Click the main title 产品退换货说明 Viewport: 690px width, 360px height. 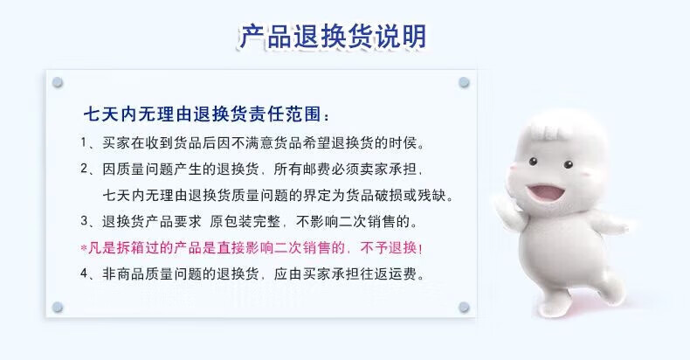[332, 36]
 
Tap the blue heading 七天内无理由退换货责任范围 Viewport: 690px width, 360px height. [202, 114]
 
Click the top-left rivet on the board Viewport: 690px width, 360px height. [58, 82]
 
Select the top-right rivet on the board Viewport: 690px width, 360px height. [464, 82]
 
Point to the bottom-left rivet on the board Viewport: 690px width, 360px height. [58, 307]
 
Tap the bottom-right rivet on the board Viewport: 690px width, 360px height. [464, 307]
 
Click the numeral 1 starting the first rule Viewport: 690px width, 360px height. [84, 142]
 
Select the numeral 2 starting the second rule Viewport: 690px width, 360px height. [84, 169]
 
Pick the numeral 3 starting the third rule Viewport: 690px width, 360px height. [84, 221]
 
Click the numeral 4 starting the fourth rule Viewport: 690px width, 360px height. [84, 273]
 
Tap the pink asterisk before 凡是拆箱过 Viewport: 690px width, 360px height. [84, 248]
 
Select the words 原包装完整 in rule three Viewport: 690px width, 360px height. [245, 221]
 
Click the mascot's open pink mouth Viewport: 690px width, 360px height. [546, 192]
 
